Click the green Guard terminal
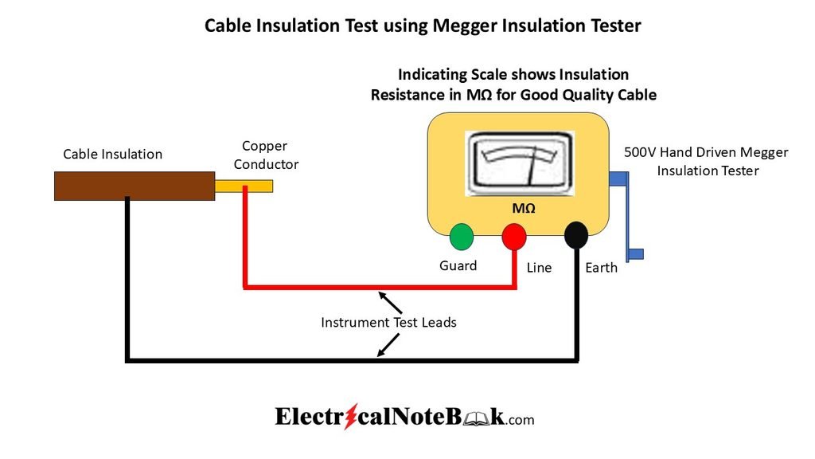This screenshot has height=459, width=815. pos(462,236)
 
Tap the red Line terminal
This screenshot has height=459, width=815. pos(514,236)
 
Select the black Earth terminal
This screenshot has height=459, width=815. pos(576,235)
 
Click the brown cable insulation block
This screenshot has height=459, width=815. pos(135,186)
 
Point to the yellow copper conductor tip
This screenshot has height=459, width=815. pos(244,186)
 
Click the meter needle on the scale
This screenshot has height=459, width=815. pos(532,166)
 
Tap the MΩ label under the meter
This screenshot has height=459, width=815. pos(524,208)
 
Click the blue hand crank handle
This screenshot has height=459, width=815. pos(627,216)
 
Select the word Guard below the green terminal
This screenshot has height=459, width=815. pos(458,265)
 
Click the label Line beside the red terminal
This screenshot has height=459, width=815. pos(539,268)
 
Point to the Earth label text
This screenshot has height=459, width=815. pos(602,268)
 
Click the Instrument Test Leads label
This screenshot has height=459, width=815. pos(388,323)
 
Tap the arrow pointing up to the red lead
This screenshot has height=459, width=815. pos(390,302)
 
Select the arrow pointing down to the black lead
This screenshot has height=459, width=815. pos(388,345)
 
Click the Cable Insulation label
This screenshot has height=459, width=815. pos(113,154)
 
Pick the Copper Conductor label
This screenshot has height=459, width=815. pos(266,155)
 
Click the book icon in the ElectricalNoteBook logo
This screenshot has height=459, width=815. pos(476,418)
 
